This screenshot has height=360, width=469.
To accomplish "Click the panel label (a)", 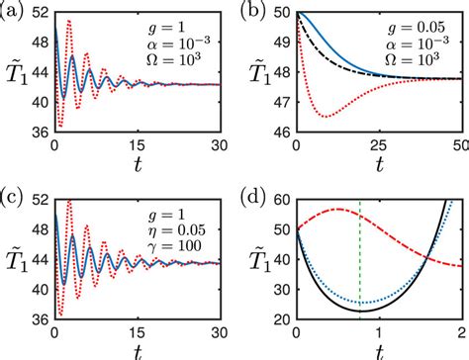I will (x=15, y=12).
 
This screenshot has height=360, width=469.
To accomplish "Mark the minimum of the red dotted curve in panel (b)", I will (x=326, y=117).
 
